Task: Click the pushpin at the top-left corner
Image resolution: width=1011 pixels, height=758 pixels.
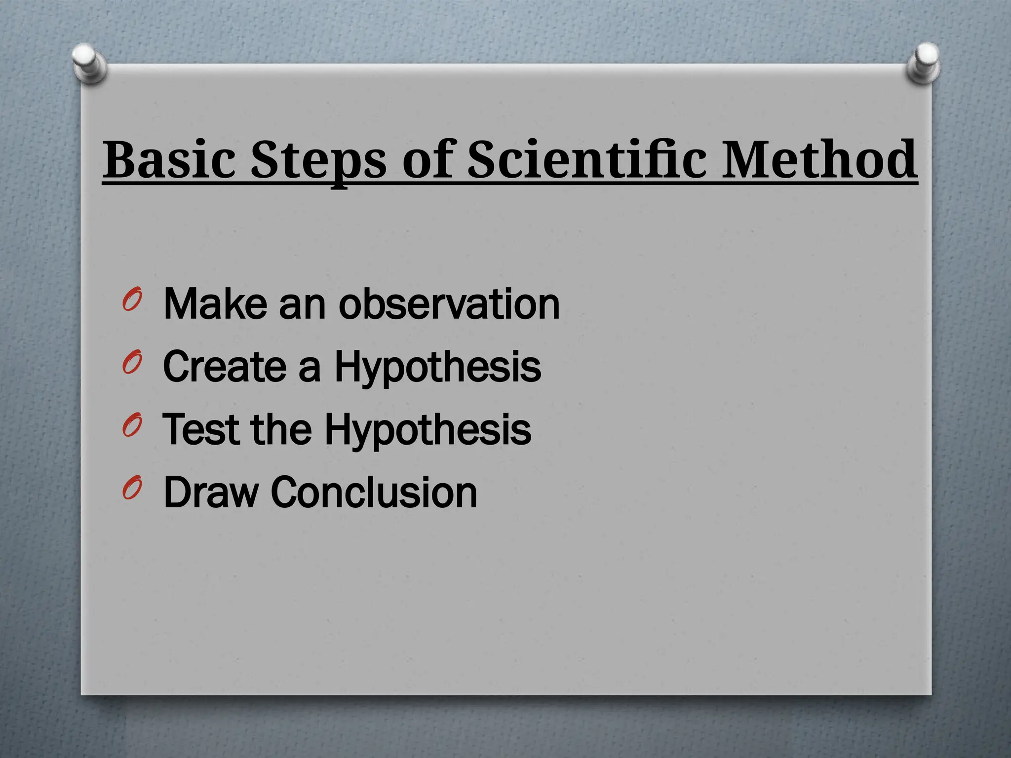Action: pyautogui.click(x=89, y=62)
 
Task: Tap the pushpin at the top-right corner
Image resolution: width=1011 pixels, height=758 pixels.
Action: pyautogui.click(x=924, y=62)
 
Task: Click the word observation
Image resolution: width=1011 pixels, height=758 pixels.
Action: pyautogui.click(x=449, y=304)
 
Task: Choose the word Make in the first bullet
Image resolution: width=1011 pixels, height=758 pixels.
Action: pyautogui.click(x=215, y=304)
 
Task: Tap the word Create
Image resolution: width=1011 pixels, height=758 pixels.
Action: pyautogui.click(x=225, y=367)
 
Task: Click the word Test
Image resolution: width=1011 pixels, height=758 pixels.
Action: pyautogui.click(x=200, y=429)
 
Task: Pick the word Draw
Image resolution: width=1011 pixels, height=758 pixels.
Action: pyautogui.click(x=211, y=492)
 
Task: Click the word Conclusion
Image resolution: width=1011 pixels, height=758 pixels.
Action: pyautogui.click(x=374, y=492)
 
